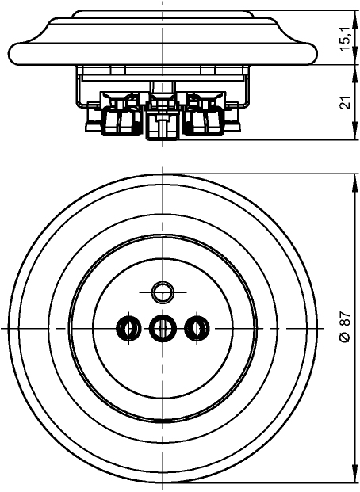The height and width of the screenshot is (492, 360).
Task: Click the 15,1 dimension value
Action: click(x=345, y=38)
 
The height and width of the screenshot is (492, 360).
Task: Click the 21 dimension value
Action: click(x=345, y=103)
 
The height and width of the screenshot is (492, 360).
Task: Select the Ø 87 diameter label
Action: click(x=345, y=327)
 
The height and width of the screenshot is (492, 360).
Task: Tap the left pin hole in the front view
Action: click(x=128, y=329)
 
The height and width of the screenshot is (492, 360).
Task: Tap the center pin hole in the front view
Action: click(x=163, y=329)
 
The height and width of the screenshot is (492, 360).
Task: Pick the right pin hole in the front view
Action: click(x=197, y=329)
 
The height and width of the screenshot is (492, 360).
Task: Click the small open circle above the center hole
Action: click(x=163, y=292)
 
